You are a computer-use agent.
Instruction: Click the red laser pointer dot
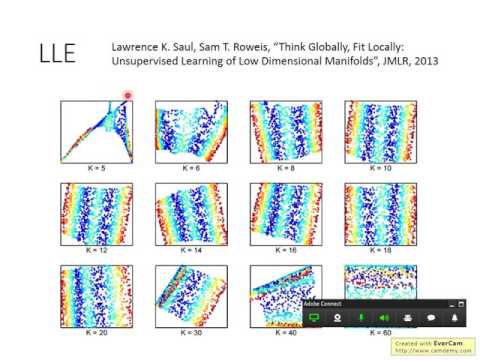[x=128, y=96]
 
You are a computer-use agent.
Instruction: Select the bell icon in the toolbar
[x=454, y=317]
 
